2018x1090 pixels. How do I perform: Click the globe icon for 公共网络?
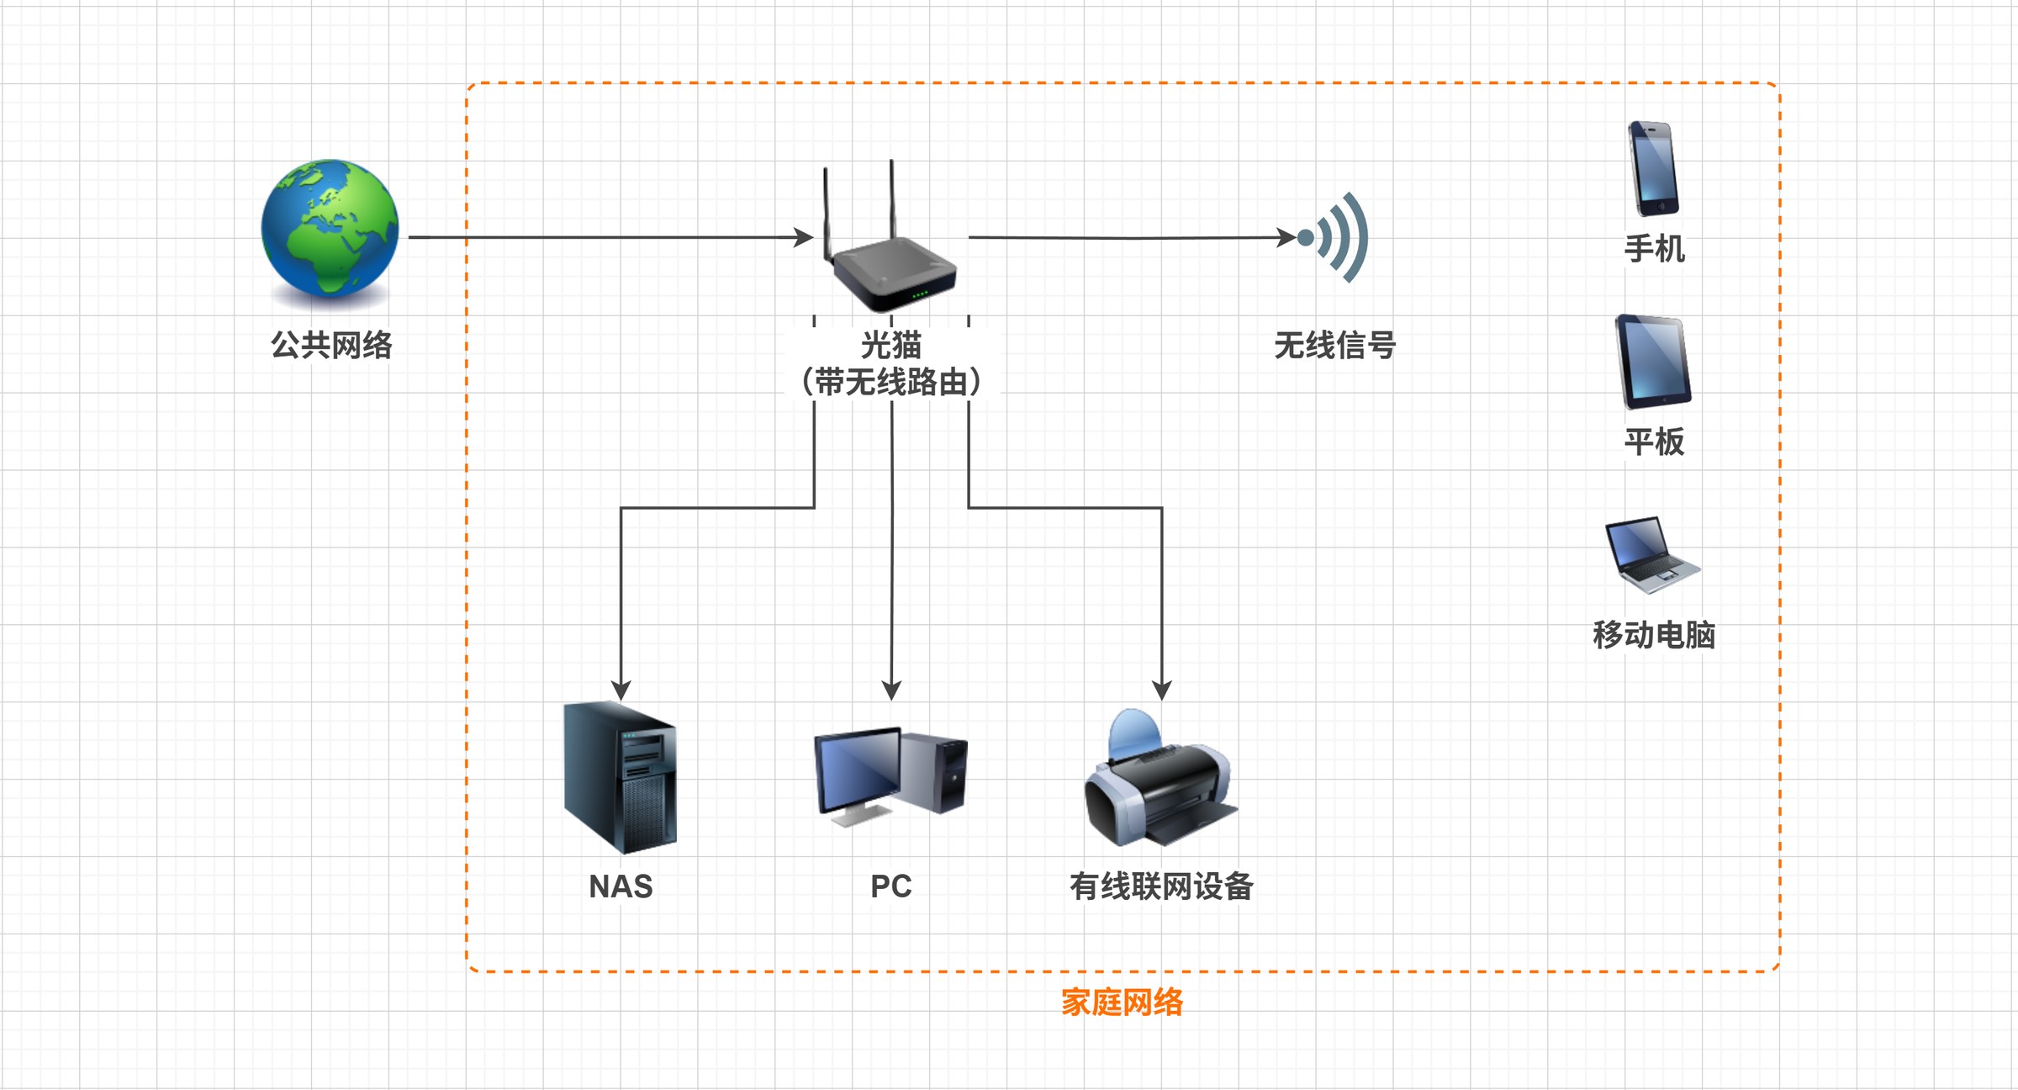[x=330, y=229]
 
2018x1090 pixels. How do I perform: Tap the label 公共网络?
[x=331, y=345]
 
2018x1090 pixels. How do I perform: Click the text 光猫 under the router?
[x=891, y=345]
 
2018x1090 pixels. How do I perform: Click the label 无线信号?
[x=1334, y=345]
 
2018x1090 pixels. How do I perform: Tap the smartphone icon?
[x=1653, y=168]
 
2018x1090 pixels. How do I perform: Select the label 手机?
[x=1654, y=249]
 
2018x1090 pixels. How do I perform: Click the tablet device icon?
[x=1653, y=362]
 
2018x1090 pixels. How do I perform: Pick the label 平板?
[x=1654, y=442]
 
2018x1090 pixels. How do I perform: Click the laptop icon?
[x=1651, y=555]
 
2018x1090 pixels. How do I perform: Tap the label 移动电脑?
[x=1654, y=634]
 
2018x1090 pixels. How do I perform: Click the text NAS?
[x=621, y=886]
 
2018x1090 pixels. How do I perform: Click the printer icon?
[x=1160, y=780]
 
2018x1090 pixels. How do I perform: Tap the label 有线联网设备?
[x=1161, y=886]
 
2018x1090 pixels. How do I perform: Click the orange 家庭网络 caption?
[x=1122, y=1002]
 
